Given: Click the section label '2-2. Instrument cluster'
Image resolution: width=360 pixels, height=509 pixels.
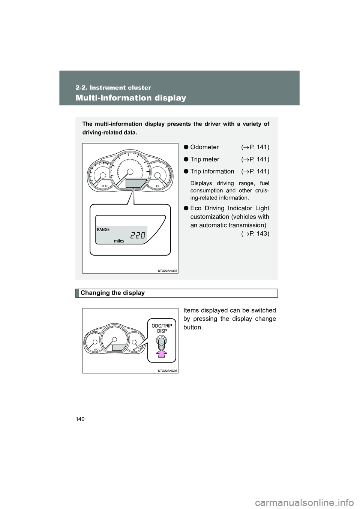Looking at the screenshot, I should [113, 88].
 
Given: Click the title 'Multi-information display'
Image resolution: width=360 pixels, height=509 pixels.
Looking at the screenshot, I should [130, 98].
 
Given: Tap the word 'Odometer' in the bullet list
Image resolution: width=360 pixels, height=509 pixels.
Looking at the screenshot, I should [204, 147].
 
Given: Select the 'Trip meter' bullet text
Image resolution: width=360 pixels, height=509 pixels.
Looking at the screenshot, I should [205, 159].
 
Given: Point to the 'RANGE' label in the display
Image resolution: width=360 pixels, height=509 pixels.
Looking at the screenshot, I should [103, 229].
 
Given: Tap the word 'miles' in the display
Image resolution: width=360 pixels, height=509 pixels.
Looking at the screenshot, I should [119, 241].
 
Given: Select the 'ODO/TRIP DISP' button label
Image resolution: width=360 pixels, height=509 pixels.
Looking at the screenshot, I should [162, 329].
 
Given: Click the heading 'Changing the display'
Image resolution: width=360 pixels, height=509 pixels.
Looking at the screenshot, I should [112, 293].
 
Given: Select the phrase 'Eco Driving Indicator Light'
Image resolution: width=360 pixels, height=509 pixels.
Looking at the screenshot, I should [229, 208].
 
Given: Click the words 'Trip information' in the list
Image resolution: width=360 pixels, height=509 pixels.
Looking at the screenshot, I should [212, 171].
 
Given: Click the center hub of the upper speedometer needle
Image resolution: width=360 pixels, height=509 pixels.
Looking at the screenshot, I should [130, 171].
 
